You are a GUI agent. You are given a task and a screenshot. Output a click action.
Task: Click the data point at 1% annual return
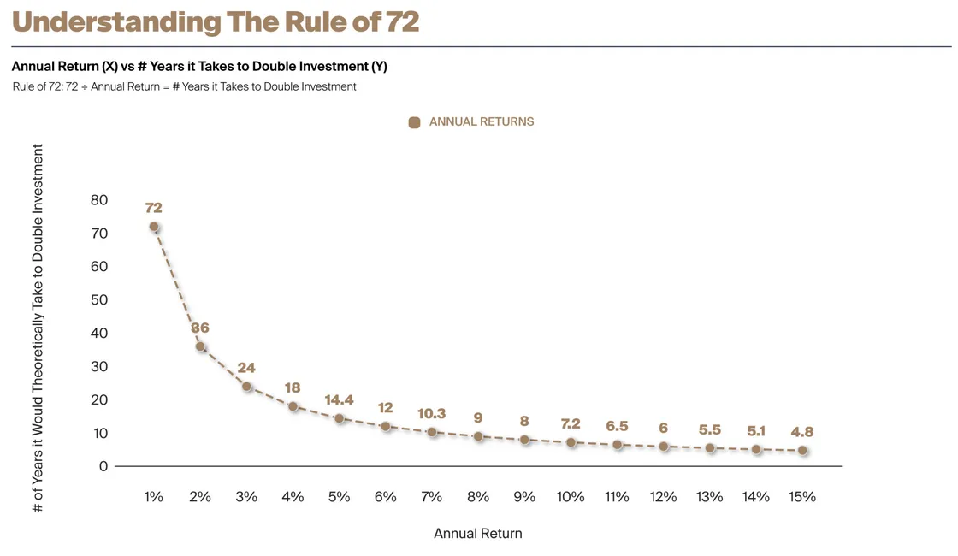(154, 227)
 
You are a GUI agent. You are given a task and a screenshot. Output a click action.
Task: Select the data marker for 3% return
(246, 386)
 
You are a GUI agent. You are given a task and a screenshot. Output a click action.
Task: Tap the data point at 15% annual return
(802, 450)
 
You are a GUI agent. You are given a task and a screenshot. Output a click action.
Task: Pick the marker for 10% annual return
(571, 442)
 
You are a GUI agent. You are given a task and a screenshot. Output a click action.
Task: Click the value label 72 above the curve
(154, 207)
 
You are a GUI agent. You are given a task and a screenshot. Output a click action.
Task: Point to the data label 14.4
(339, 400)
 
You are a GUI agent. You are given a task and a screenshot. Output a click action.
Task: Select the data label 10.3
(431, 413)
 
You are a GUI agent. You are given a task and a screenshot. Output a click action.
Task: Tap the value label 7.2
(571, 423)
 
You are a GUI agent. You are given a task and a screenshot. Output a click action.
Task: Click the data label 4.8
(802, 431)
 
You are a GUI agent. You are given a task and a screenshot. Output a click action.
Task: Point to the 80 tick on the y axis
(99, 200)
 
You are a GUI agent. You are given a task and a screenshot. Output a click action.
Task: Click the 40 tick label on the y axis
(99, 334)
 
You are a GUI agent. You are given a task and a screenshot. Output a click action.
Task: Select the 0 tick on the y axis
(103, 466)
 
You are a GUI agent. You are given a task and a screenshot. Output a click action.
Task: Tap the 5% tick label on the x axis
(339, 497)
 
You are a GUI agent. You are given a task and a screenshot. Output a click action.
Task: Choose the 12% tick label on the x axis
(663, 497)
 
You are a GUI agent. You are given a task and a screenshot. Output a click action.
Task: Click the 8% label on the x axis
(478, 497)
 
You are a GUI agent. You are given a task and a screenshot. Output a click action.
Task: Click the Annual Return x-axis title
(477, 533)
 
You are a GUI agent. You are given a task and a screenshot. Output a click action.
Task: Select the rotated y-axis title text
(38, 328)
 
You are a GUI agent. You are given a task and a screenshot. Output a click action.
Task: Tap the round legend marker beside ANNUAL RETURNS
(415, 122)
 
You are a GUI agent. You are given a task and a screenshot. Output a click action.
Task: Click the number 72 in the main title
(402, 21)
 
